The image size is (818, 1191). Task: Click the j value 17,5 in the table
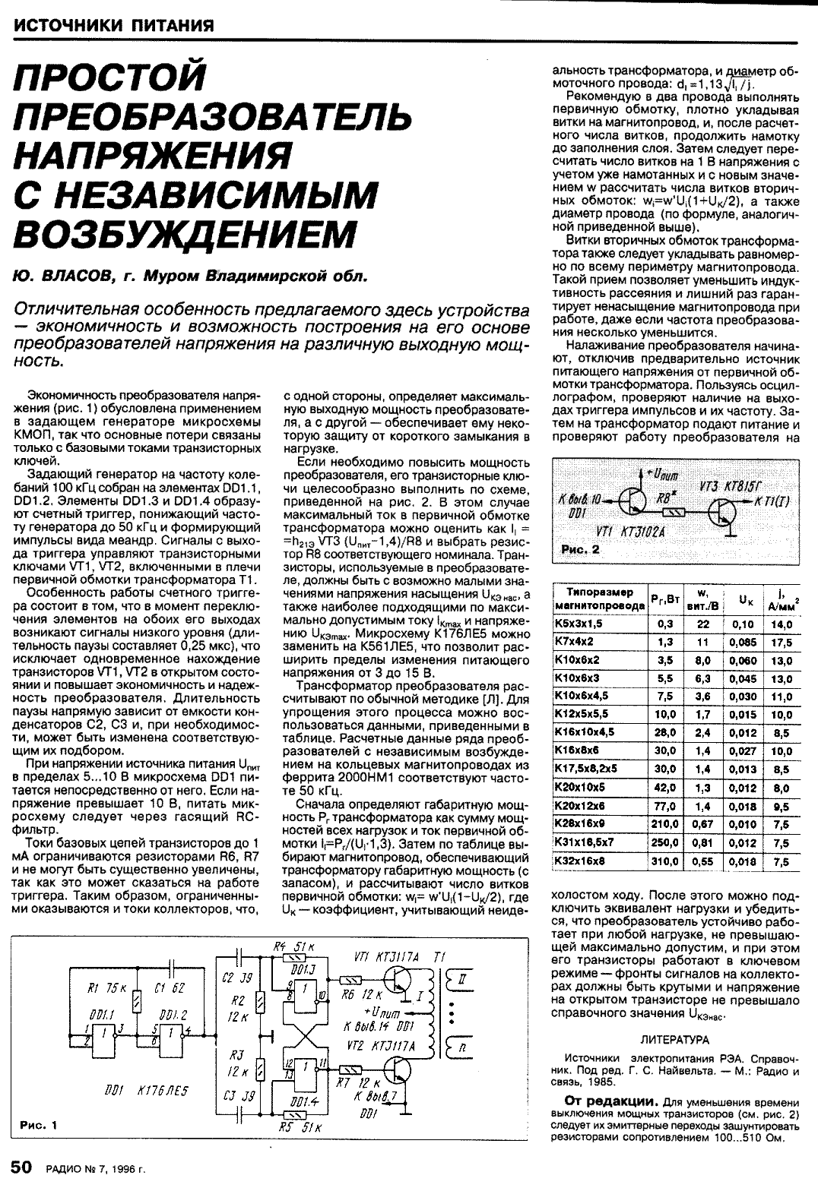[781, 643]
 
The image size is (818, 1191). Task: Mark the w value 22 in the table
[703, 624]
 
